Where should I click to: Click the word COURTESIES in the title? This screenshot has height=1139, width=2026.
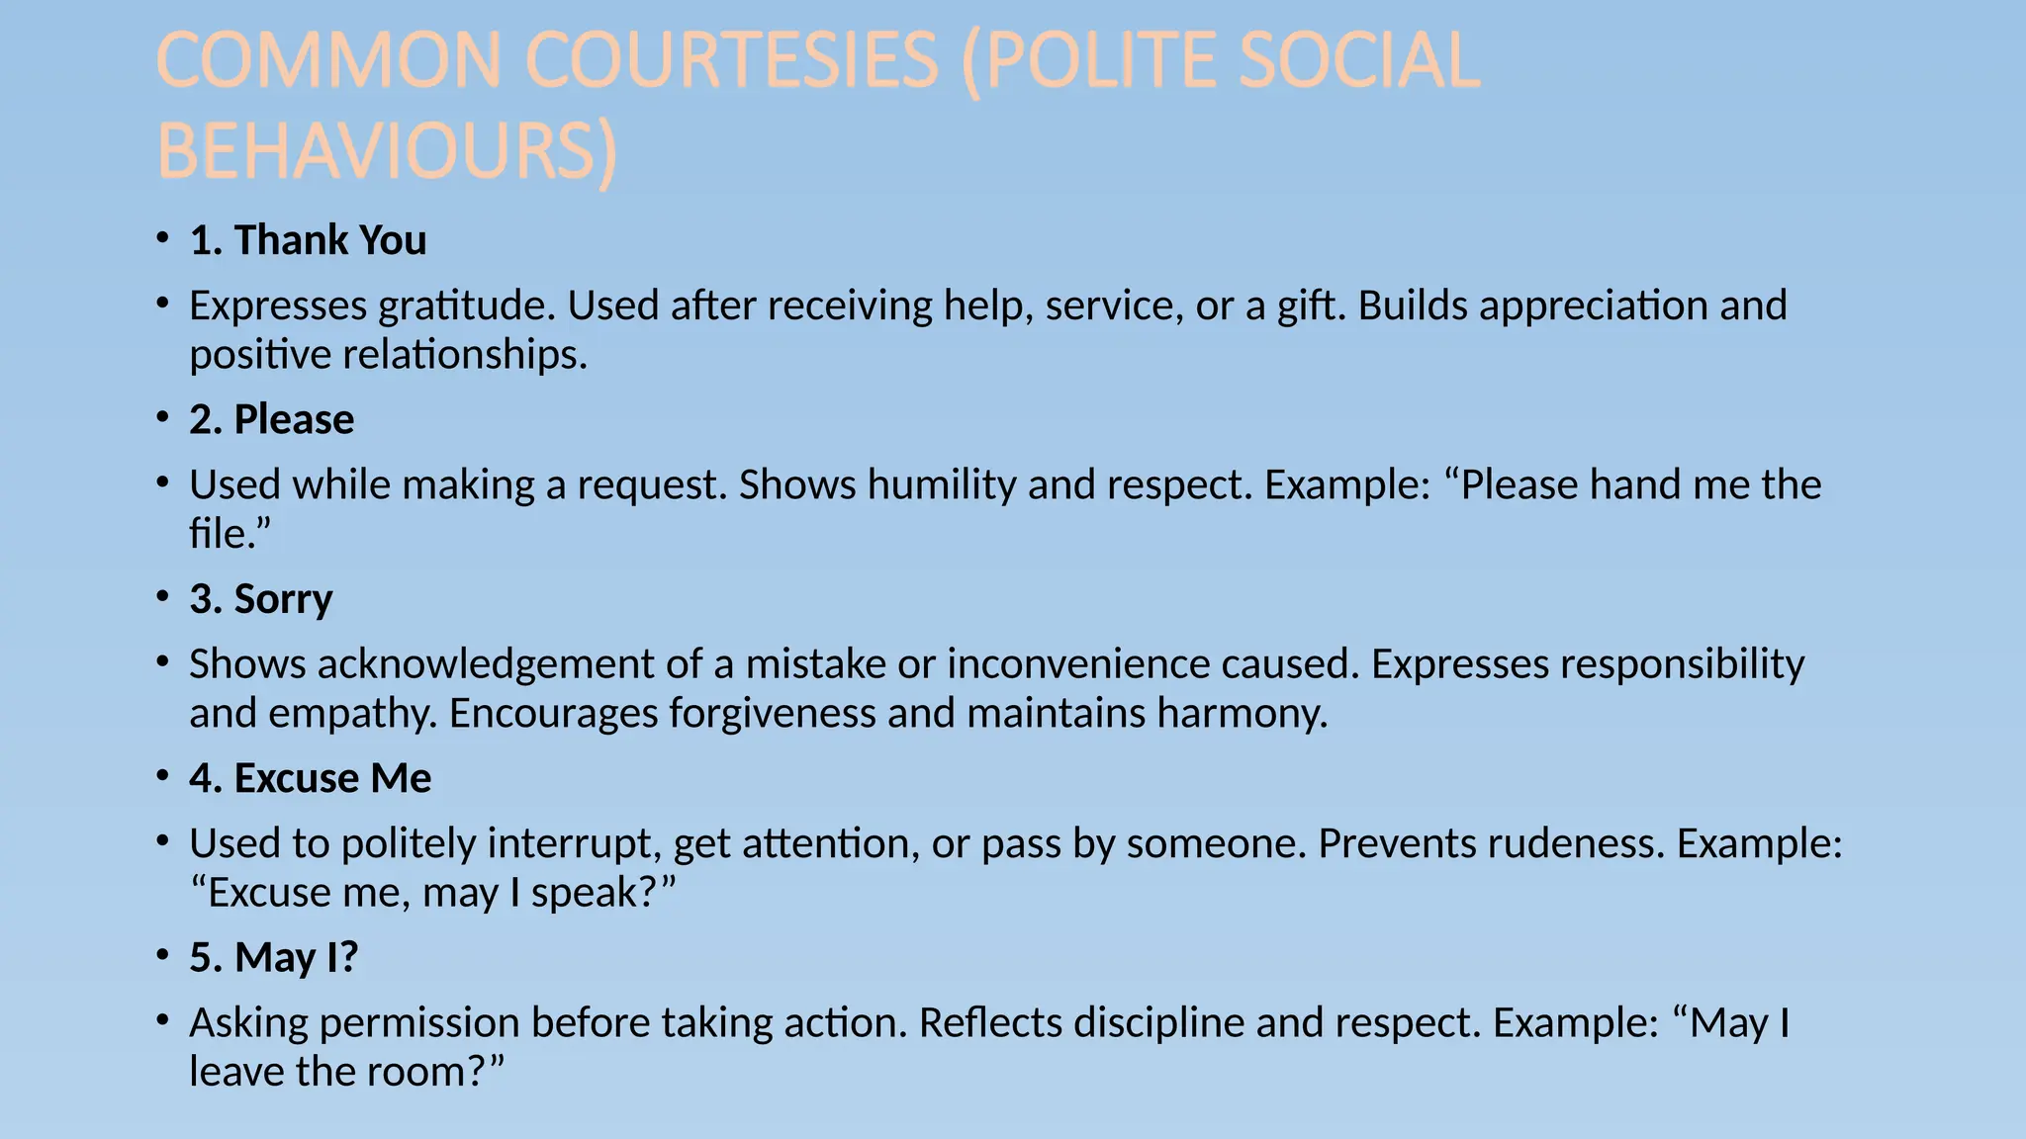click(x=731, y=61)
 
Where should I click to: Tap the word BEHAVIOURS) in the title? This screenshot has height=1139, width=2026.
click(x=387, y=152)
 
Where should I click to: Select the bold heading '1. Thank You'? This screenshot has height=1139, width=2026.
click(x=308, y=240)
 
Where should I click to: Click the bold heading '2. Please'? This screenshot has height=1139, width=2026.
click(x=271, y=419)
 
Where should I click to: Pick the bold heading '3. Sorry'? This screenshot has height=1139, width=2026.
click(x=261, y=599)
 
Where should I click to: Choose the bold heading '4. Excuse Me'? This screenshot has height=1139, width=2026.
click(x=311, y=778)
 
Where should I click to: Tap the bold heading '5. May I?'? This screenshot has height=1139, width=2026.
click(x=273, y=957)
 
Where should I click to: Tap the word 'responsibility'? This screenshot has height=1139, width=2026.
click(x=1687, y=663)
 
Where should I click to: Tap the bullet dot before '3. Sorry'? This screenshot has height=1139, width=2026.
click(x=163, y=596)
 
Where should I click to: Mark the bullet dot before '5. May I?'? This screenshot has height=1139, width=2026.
click(x=163, y=955)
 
